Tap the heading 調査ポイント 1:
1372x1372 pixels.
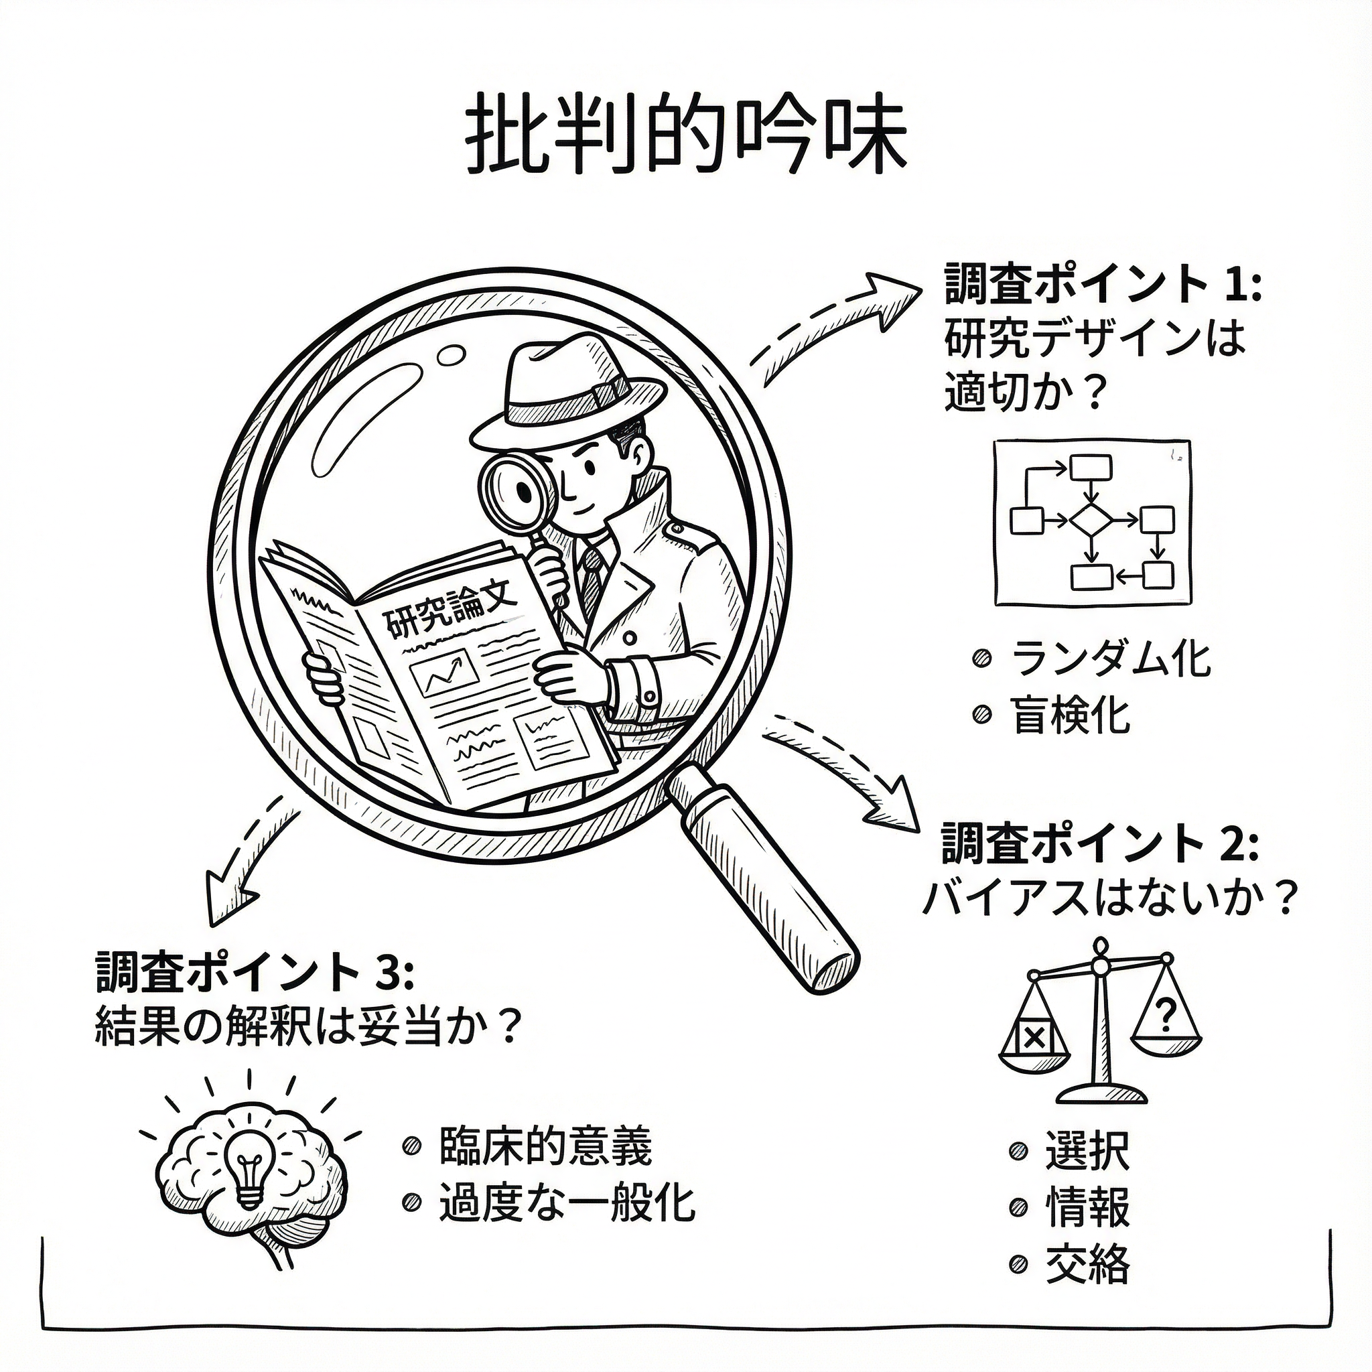coord(1101,285)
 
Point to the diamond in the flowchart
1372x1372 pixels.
coord(1091,521)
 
